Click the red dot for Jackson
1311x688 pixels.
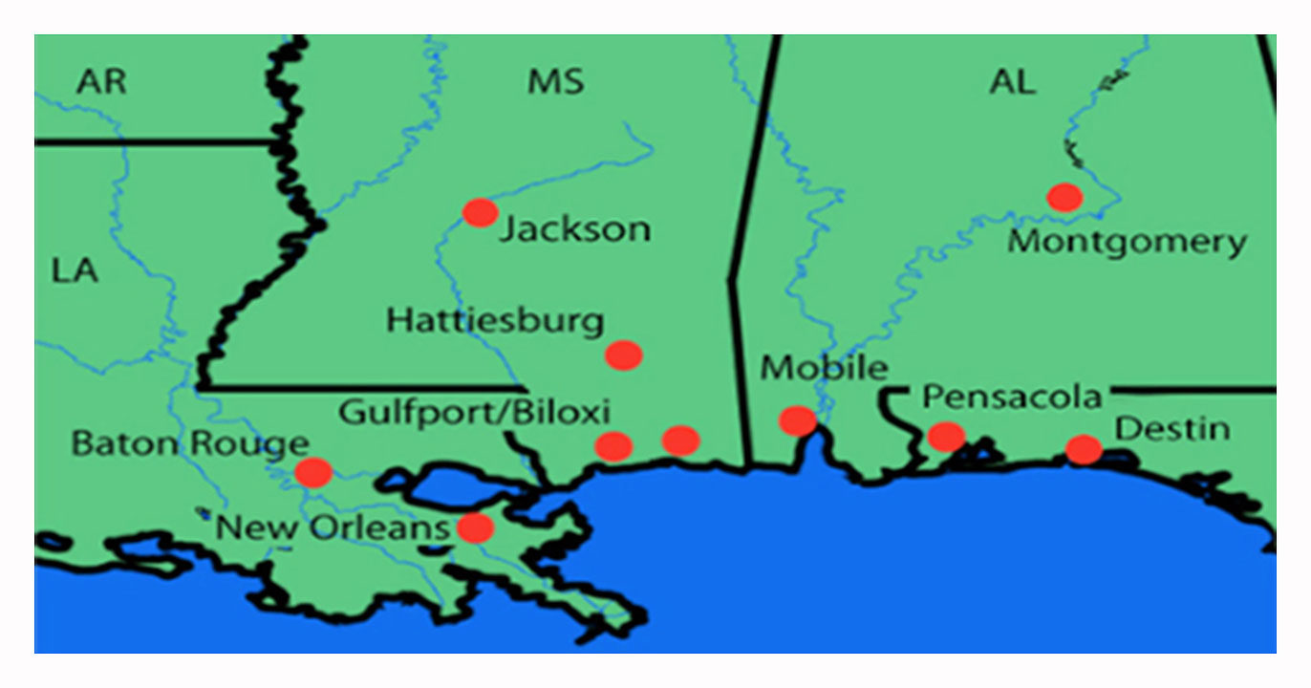point(480,212)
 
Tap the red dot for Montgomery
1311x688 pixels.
point(1064,197)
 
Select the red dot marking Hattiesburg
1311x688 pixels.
point(623,355)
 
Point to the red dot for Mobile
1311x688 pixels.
point(797,419)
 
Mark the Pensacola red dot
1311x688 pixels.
point(946,436)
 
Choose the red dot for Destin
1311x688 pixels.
point(1083,448)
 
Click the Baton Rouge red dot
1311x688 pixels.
point(312,471)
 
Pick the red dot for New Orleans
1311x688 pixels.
point(475,527)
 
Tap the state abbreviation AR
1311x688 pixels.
point(101,82)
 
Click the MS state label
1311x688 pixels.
point(555,82)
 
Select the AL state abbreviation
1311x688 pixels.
point(1012,82)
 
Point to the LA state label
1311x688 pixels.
point(75,270)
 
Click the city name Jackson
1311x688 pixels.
point(576,229)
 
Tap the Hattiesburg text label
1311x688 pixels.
point(495,320)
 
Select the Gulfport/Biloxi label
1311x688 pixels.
point(474,413)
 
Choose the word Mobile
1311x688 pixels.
point(824,367)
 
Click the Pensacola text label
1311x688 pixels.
point(1012,397)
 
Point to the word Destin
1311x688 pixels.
point(1172,429)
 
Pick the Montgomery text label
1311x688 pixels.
point(1128,242)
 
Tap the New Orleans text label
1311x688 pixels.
point(333,527)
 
